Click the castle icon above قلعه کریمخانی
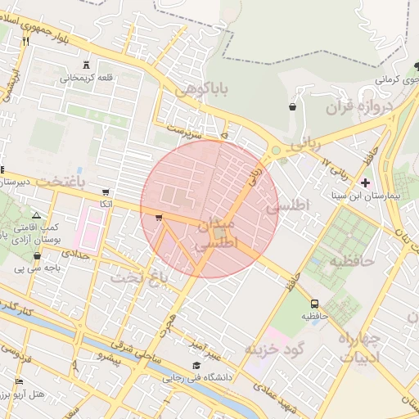click(x=88, y=65)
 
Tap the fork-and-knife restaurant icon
click(x=26, y=40)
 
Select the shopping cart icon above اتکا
click(x=105, y=191)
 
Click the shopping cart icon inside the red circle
click(x=158, y=218)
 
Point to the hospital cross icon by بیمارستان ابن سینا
click(x=365, y=182)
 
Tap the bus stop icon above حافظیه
click(x=315, y=304)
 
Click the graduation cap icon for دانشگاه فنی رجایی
click(x=196, y=366)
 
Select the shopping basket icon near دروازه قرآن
click(x=292, y=106)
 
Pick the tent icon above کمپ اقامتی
click(x=36, y=214)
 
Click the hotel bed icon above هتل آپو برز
click(x=19, y=382)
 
